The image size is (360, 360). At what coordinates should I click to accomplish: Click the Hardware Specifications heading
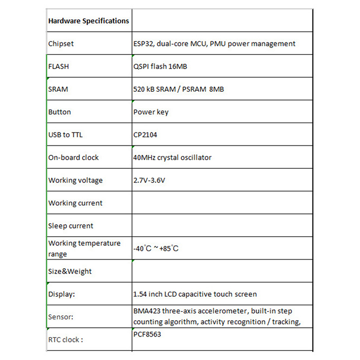pyautogui.click(x=89, y=21)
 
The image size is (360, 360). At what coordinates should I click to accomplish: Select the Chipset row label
pyautogui.click(x=61, y=44)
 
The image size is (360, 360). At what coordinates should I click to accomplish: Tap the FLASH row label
pyautogui.click(x=58, y=67)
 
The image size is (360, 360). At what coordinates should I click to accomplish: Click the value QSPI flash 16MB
pyautogui.click(x=160, y=67)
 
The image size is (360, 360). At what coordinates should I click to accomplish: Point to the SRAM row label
pyautogui.click(x=58, y=89)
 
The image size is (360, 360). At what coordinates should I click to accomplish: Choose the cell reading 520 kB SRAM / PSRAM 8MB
pyautogui.click(x=179, y=89)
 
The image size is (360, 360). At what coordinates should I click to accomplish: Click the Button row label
pyautogui.click(x=59, y=112)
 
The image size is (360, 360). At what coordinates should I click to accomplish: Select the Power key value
pyautogui.click(x=151, y=112)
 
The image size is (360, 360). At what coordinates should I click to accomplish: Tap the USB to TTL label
pyautogui.click(x=65, y=135)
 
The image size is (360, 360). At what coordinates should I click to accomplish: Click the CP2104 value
pyautogui.click(x=145, y=135)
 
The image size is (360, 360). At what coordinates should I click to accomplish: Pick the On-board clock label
pyautogui.click(x=73, y=157)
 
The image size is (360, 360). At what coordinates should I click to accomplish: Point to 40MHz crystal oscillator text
pyautogui.click(x=172, y=157)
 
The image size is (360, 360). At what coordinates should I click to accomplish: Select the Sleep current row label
pyautogui.click(x=71, y=226)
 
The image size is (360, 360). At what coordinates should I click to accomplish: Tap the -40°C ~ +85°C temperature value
pyautogui.click(x=156, y=248)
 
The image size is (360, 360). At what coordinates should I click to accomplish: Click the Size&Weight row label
pyautogui.click(x=70, y=271)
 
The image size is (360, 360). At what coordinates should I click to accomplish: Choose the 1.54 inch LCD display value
pyautogui.click(x=195, y=294)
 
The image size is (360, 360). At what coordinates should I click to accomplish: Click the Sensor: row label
pyautogui.click(x=61, y=317)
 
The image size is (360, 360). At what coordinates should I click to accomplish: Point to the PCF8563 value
pyautogui.click(x=147, y=334)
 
